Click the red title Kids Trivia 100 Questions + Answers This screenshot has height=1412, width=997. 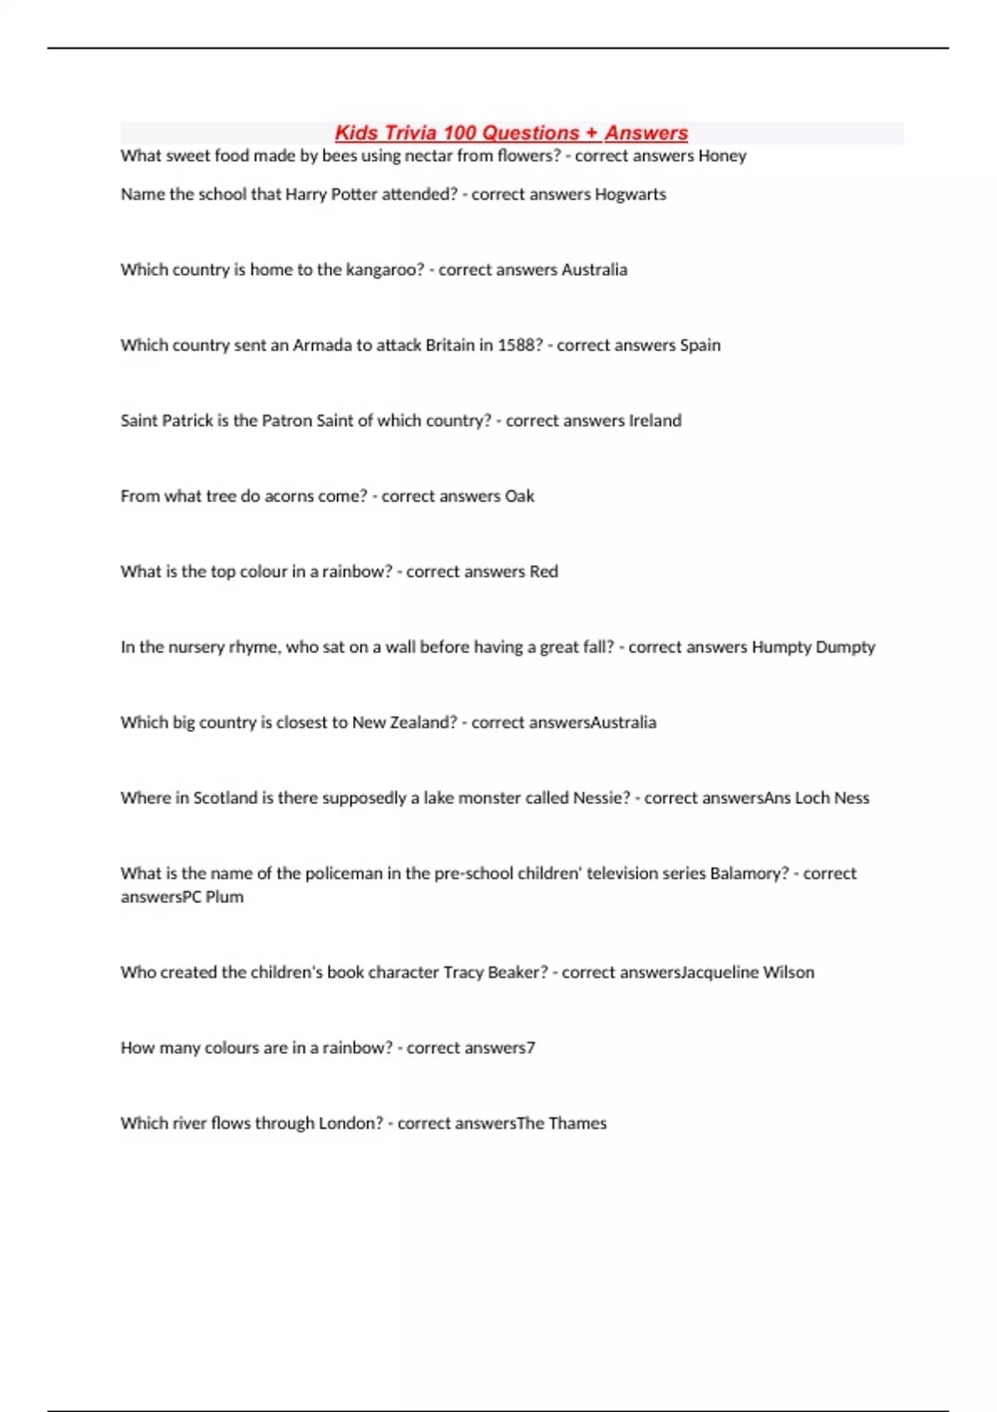tap(511, 133)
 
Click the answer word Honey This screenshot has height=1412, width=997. tap(722, 156)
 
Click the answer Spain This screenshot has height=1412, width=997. tap(700, 346)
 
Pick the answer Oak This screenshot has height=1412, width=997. tap(519, 497)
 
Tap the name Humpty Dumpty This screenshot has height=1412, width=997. tap(813, 647)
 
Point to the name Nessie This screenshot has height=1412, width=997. tap(602, 798)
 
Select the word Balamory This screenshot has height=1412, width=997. tap(749, 874)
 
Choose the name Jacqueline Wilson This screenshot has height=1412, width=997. tap(747, 973)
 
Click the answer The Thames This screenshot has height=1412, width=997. tap(562, 1124)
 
